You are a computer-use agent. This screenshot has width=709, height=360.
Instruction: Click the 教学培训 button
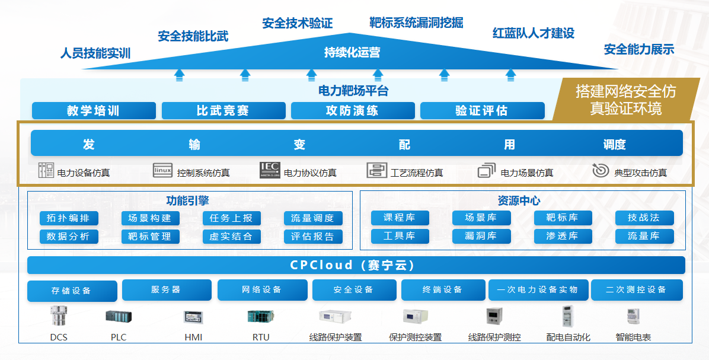pos(94,110)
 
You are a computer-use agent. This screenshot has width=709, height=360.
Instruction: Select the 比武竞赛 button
pos(223,110)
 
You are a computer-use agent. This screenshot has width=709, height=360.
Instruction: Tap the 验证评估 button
pos(482,110)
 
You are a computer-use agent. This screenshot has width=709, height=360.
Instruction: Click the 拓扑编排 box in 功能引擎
pos(69,218)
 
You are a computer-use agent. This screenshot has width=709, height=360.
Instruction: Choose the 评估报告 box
pos(313,237)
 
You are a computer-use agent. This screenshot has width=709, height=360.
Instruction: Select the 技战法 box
pos(644,218)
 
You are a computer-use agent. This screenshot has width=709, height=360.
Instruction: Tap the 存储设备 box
pos(72,291)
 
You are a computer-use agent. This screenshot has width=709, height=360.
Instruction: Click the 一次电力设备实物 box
pos(538,290)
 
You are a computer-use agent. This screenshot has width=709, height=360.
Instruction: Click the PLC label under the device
pos(119,337)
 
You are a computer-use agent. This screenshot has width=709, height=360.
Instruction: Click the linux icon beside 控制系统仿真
pos(162,171)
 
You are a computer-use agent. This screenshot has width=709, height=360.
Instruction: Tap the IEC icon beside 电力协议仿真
pos(270,171)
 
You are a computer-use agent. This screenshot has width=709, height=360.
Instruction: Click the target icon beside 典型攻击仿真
pos(601,171)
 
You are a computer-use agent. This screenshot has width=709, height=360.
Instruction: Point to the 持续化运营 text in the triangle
pos(352,53)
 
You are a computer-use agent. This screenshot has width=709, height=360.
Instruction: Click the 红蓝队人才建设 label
pos(534,33)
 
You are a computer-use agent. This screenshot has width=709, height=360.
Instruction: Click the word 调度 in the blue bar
pos(614,145)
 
